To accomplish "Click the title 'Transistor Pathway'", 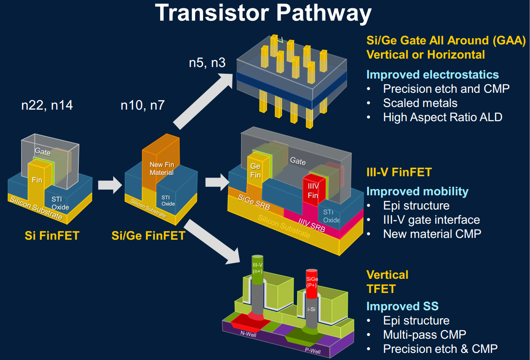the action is click(x=263, y=13).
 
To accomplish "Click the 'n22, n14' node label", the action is click(x=47, y=105).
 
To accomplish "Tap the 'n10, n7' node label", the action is click(x=143, y=105).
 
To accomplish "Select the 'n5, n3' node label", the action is click(x=207, y=63).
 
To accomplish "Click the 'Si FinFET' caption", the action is click(x=52, y=236).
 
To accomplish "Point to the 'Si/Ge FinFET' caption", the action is click(x=149, y=236).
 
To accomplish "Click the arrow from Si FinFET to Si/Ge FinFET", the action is click(x=110, y=185).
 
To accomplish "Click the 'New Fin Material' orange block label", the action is click(x=161, y=169).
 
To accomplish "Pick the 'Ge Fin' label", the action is click(x=255, y=170).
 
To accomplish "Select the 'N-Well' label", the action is click(x=248, y=334).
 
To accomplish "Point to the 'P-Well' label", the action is click(x=313, y=351).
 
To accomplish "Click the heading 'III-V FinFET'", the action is click(x=399, y=172).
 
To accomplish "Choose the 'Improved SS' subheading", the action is click(x=403, y=306).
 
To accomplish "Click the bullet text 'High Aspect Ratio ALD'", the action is click(x=443, y=117).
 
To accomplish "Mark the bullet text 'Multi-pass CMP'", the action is click(x=424, y=335).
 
